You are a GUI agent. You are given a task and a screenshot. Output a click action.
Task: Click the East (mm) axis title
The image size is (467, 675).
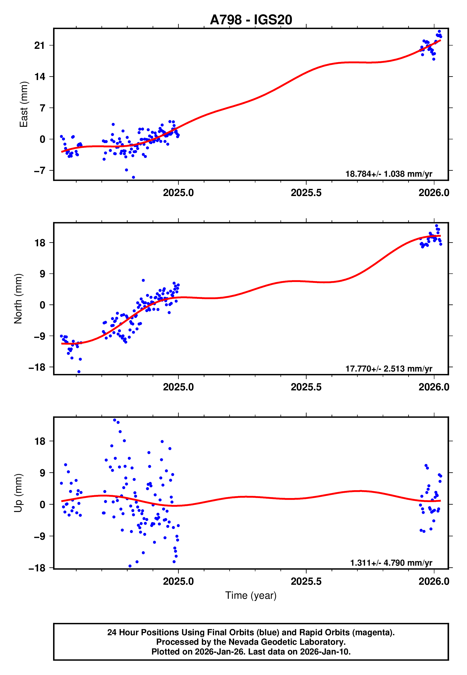click(23, 104)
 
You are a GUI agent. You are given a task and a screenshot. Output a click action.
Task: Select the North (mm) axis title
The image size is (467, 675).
click(18, 299)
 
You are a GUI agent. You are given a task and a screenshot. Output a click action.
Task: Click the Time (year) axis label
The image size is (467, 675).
click(251, 595)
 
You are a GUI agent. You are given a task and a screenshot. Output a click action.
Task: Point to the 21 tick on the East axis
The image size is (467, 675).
click(40, 45)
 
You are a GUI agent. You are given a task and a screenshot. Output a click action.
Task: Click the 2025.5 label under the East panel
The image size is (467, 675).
click(306, 193)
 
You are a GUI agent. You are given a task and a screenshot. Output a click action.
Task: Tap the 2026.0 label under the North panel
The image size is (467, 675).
click(434, 387)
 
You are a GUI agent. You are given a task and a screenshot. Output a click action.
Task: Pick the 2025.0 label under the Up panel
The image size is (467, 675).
click(178, 581)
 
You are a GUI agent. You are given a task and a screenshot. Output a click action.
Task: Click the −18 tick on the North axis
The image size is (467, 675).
click(37, 367)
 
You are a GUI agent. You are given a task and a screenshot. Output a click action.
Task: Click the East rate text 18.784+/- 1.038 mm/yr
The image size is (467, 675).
click(389, 174)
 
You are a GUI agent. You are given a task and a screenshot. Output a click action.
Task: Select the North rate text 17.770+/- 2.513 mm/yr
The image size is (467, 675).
click(389, 368)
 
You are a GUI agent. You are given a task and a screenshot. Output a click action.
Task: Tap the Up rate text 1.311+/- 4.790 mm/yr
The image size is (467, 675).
click(391, 563)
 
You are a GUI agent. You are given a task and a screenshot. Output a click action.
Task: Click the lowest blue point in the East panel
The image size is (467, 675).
click(134, 177)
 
